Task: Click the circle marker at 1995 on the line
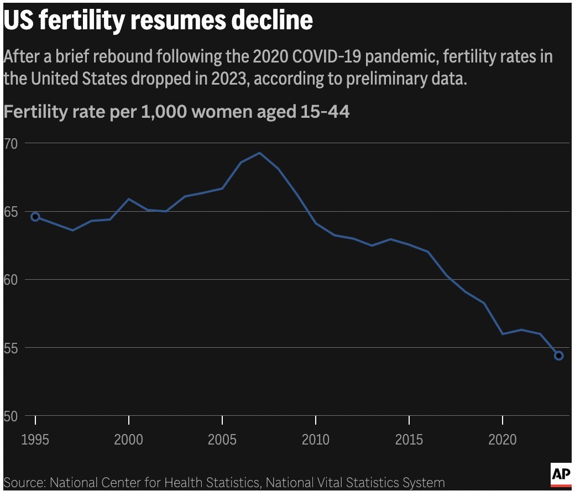click(x=35, y=217)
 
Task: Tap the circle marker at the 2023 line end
click(x=558, y=356)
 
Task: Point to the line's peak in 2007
click(x=260, y=153)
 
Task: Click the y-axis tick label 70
click(x=12, y=143)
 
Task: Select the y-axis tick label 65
click(x=12, y=211)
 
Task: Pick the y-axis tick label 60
click(x=12, y=280)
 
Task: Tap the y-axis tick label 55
click(x=12, y=348)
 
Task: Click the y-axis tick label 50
click(x=12, y=416)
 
